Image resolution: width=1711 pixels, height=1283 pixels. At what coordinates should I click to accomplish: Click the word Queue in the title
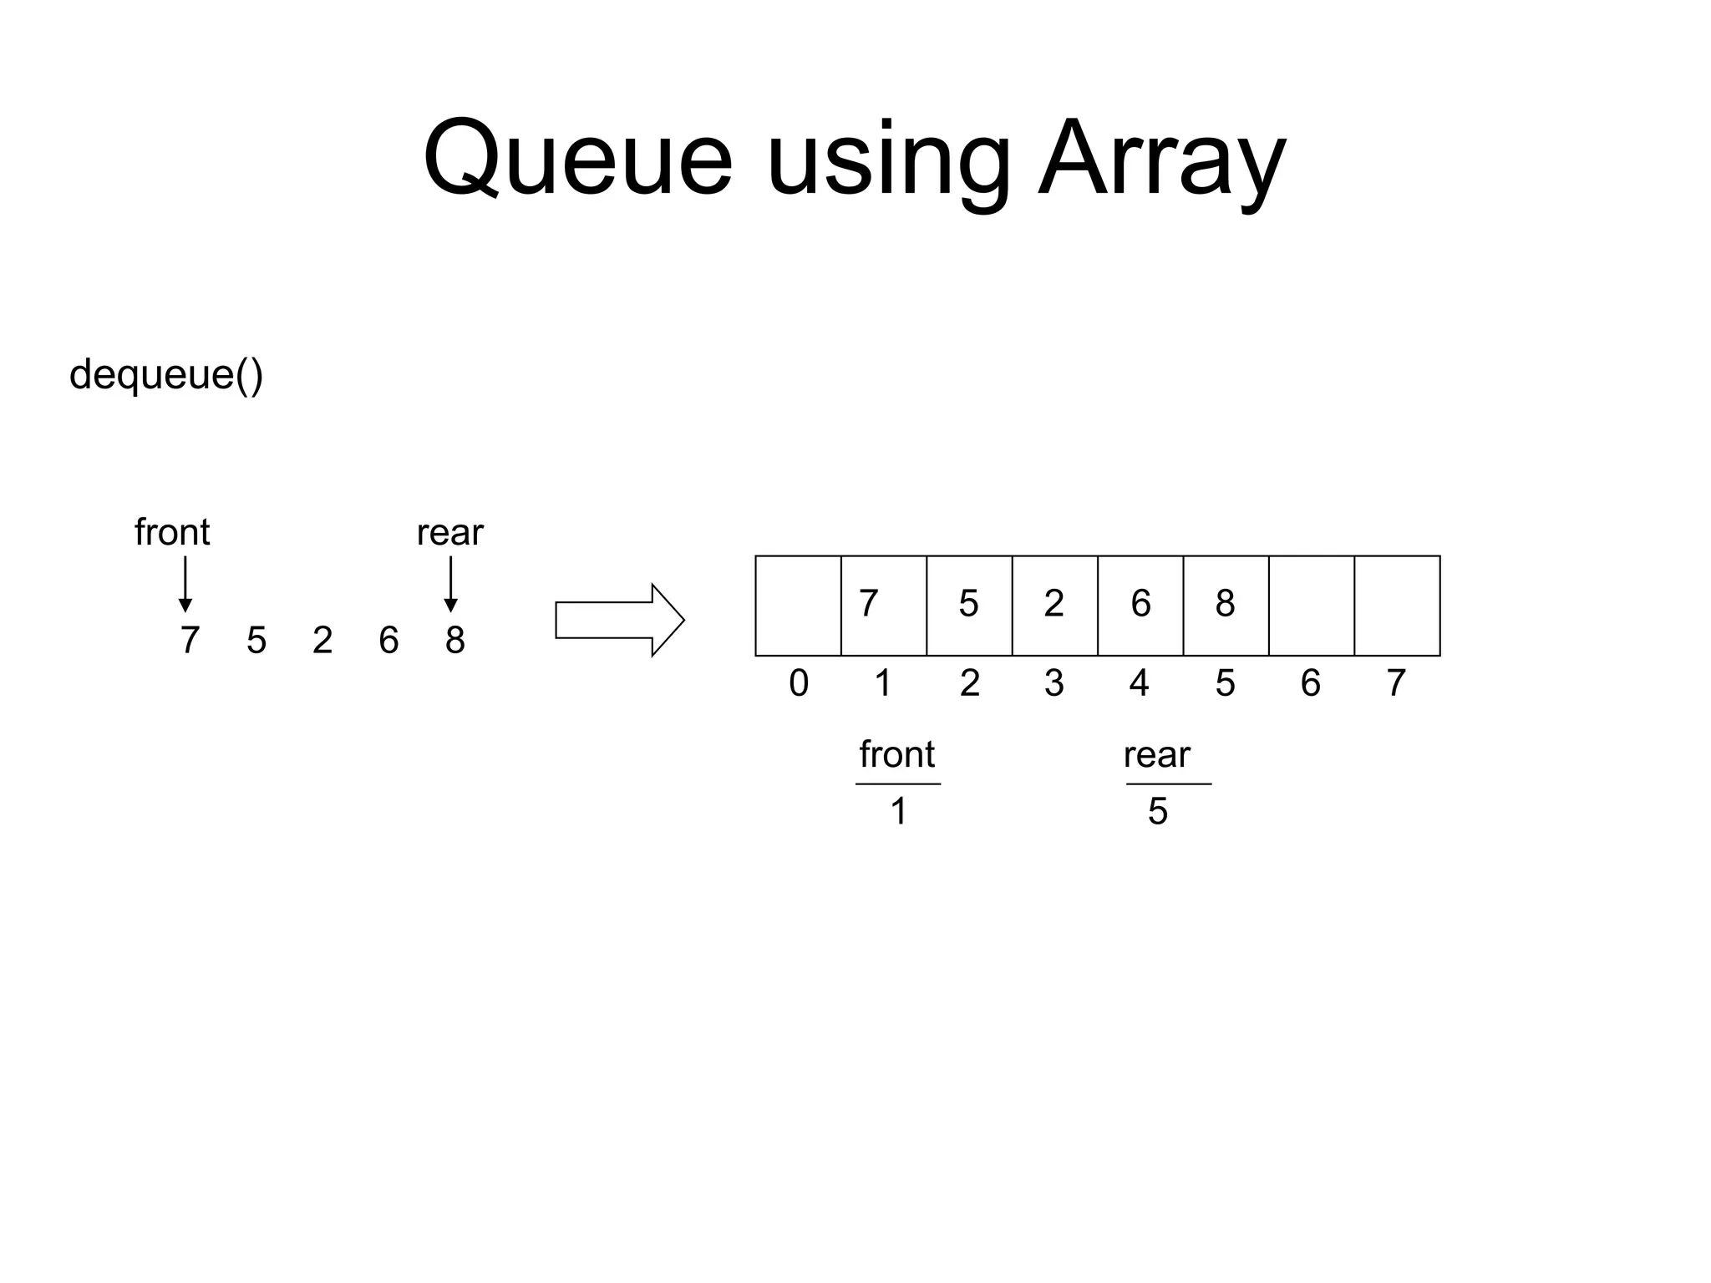[x=577, y=159]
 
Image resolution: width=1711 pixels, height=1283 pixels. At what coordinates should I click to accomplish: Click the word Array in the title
[x=1160, y=159]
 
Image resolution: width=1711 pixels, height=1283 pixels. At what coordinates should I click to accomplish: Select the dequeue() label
[x=166, y=374]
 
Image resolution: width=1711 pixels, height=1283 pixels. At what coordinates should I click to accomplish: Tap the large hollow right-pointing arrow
[x=619, y=620]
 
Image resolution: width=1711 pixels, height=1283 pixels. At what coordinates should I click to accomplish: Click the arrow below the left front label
[x=185, y=584]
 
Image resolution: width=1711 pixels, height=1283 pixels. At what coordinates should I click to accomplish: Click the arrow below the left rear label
[x=450, y=584]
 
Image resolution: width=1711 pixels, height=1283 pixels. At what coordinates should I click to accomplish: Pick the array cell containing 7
[x=883, y=606]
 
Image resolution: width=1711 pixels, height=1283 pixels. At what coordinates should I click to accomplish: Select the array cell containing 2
[x=1054, y=606]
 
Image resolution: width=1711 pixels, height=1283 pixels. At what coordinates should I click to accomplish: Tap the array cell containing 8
[x=1226, y=606]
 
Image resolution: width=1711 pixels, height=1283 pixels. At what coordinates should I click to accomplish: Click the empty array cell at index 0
[x=798, y=606]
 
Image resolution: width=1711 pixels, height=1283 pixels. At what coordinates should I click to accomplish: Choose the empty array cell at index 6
[x=1311, y=606]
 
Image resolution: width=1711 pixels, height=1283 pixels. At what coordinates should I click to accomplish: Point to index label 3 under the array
[x=1054, y=683]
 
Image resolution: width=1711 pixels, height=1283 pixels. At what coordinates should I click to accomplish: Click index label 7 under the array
[x=1396, y=683]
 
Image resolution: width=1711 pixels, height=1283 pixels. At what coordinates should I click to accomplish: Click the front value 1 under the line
[x=898, y=811]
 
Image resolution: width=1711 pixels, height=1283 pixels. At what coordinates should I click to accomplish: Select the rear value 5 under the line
[x=1157, y=811]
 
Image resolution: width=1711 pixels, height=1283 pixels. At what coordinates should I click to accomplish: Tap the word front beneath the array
[x=897, y=755]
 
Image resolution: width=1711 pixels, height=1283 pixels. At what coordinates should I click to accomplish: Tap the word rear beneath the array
[x=1156, y=755]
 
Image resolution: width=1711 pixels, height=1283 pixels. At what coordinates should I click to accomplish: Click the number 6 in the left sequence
[x=388, y=641]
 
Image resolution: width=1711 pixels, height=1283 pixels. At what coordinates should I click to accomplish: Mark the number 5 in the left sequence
[x=256, y=641]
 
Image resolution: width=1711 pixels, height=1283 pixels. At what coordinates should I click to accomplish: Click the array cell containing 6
[x=1140, y=606]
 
